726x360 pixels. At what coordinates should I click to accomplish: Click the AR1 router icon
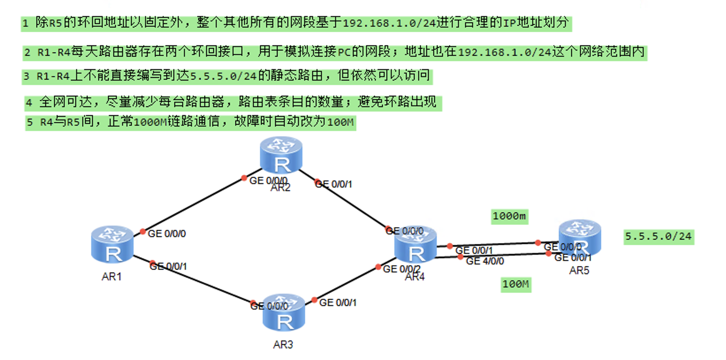(112, 245)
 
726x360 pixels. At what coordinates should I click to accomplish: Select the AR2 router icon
(281, 154)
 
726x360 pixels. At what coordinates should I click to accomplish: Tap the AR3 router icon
(284, 313)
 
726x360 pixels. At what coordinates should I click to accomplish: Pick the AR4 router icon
(416, 245)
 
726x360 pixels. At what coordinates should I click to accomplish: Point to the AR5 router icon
(580, 237)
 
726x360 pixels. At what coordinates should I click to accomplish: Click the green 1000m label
(509, 216)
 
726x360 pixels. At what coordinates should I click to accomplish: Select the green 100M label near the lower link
(516, 284)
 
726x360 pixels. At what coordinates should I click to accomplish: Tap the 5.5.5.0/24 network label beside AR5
(658, 237)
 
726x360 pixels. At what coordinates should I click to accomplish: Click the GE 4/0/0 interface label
(485, 261)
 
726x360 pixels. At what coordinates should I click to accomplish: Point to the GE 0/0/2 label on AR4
(401, 269)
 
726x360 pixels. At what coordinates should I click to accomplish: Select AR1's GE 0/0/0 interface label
(167, 234)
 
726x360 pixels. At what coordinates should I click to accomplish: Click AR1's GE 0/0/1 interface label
(168, 266)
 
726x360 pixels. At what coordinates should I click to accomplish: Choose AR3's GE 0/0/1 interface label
(338, 303)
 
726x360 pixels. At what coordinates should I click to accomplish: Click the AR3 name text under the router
(283, 345)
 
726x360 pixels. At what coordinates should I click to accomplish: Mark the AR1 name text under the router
(111, 277)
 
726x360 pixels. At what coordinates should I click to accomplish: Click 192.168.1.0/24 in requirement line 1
(389, 23)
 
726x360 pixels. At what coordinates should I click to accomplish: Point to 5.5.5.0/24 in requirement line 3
(223, 76)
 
